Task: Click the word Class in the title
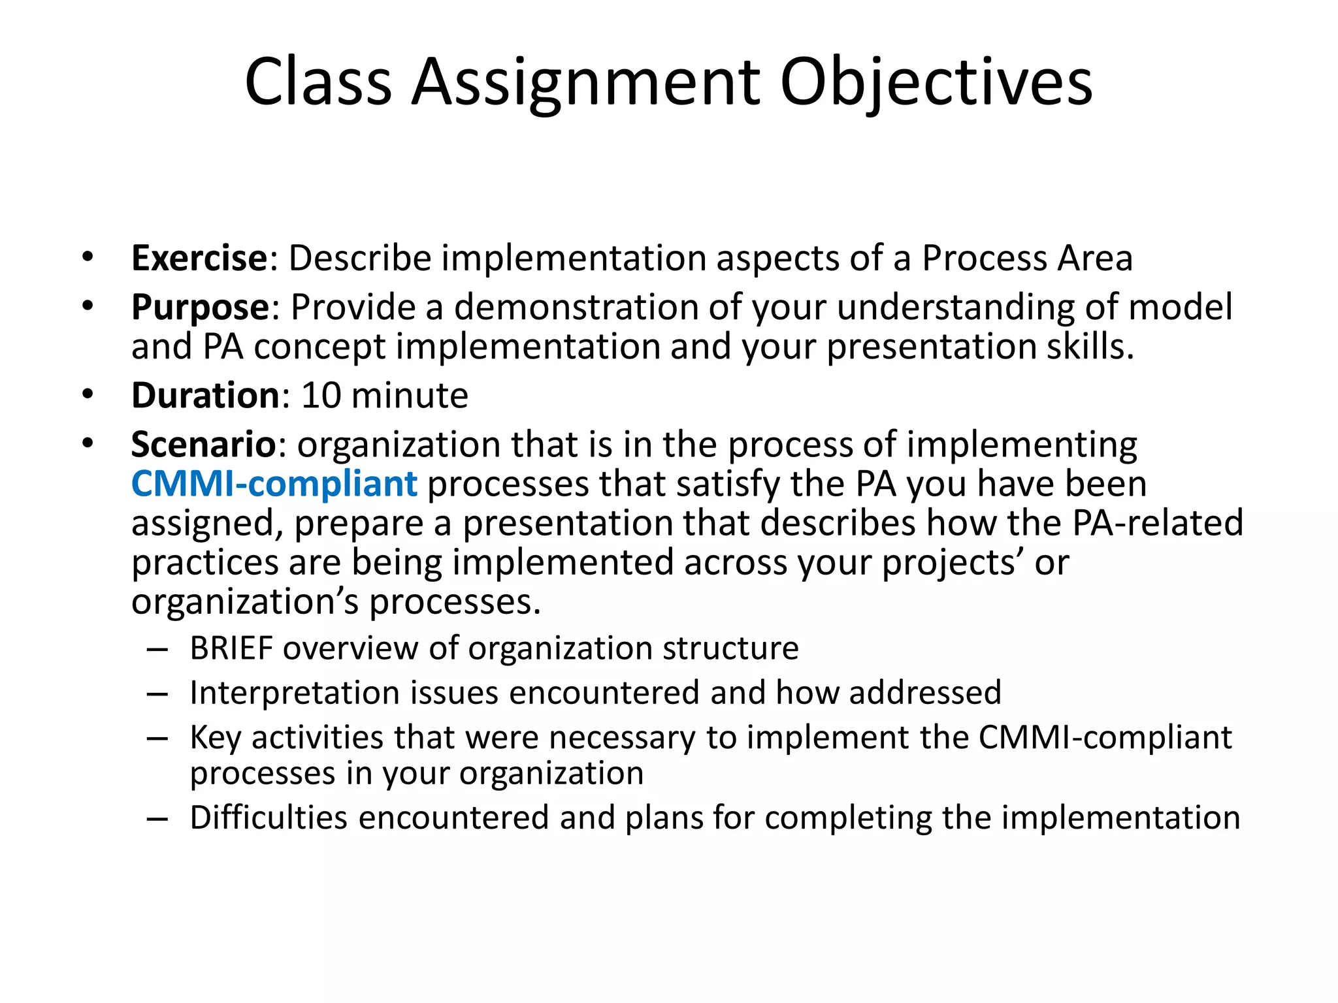(x=318, y=82)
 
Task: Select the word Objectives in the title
(x=936, y=82)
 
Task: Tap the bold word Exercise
(x=199, y=258)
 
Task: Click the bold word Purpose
(x=200, y=308)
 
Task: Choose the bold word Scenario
(x=204, y=445)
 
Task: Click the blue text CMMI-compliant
(x=274, y=485)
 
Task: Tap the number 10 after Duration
(x=321, y=396)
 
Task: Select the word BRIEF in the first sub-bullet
(x=231, y=649)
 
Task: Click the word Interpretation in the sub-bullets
(x=294, y=693)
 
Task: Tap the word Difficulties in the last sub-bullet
(x=268, y=818)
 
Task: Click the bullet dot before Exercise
(x=88, y=257)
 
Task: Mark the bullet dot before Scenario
(x=88, y=443)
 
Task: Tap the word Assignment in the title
(x=585, y=82)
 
